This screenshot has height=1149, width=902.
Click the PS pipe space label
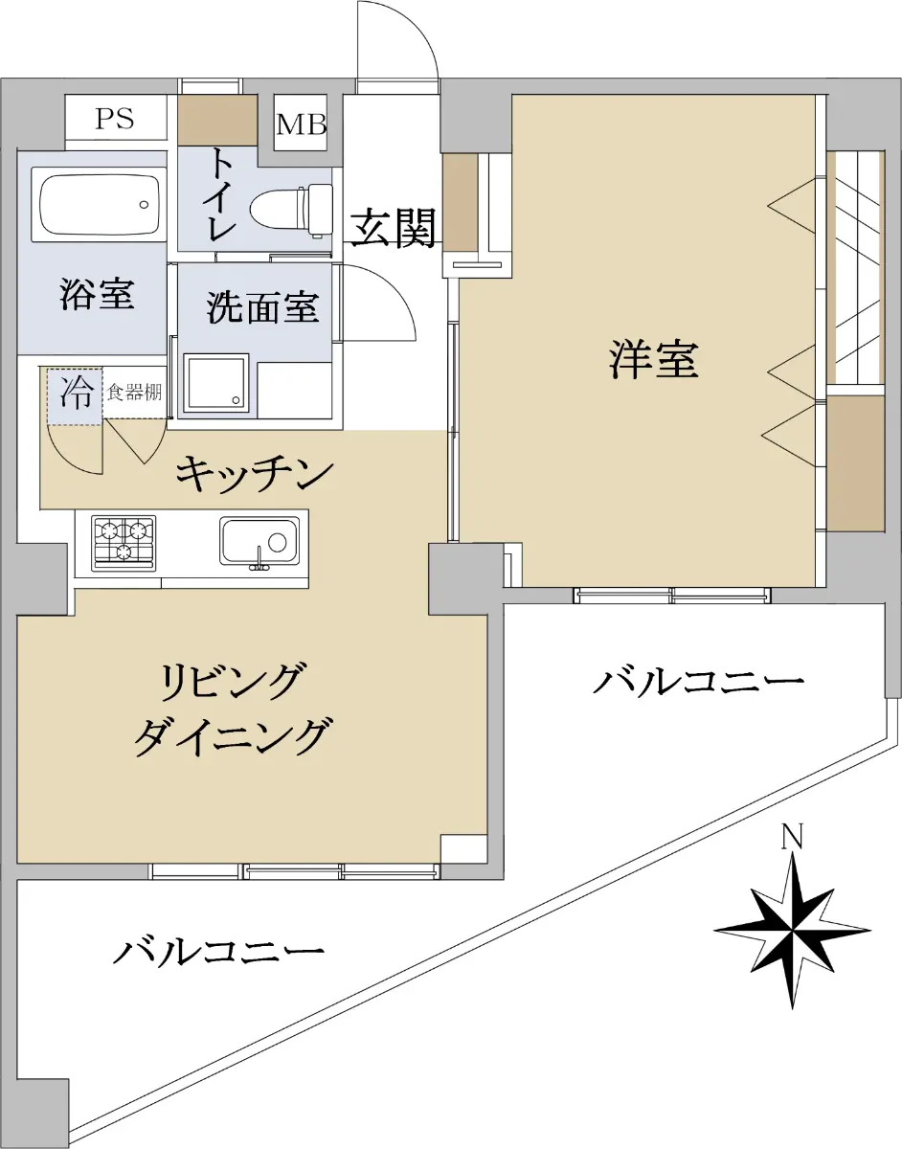pyautogui.click(x=115, y=119)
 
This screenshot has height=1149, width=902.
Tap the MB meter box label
pyautogui.click(x=302, y=124)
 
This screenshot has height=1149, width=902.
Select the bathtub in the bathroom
pyautogui.click(x=99, y=205)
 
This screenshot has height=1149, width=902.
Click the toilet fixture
pyautogui.click(x=291, y=210)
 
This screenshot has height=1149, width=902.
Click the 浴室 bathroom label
pyautogui.click(x=97, y=293)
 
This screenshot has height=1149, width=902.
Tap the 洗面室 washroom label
pyautogui.click(x=262, y=307)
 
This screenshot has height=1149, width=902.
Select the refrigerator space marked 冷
pyautogui.click(x=74, y=396)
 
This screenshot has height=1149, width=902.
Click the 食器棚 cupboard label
pyautogui.click(x=134, y=392)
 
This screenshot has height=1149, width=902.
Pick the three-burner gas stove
pyautogui.click(x=124, y=543)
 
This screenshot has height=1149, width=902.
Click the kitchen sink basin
pyautogui.click(x=259, y=542)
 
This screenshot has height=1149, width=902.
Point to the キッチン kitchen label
pyautogui.click(x=255, y=475)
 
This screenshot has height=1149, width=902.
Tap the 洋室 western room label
pyautogui.click(x=655, y=359)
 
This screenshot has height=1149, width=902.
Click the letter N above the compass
pyautogui.click(x=792, y=837)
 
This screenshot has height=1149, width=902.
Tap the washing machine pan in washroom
pyautogui.click(x=215, y=382)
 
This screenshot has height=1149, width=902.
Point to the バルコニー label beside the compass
pyautogui.click(x=698, y=681)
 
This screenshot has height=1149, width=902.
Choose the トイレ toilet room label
pyautogui.click(x=223, y=194)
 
